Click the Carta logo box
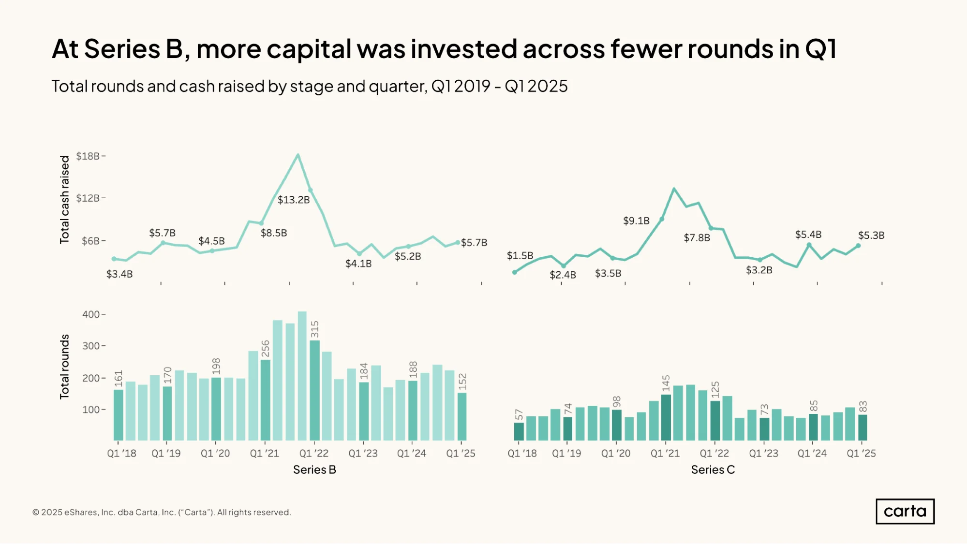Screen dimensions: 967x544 tap(905, 511)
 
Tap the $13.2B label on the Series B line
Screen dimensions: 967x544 tap(294, 200)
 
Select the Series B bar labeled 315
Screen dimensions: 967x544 tap(314, 390)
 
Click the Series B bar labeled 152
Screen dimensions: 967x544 tap(462, 416)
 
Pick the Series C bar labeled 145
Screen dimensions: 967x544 tap(666, 417)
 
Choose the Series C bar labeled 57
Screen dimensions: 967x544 tap(519, 431)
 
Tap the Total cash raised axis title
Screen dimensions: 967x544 tap(64, 199)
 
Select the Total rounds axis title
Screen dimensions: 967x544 tap(64, 367)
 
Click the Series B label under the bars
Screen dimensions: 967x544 tap(314, 470)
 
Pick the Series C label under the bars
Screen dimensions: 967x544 tap(713, 470)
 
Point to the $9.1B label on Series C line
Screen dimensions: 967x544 tap(636, 221)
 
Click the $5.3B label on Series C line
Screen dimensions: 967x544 tap(871, 235)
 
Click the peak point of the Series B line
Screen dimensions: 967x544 tap(298, 155)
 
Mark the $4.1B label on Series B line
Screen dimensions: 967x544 tap(358, 264)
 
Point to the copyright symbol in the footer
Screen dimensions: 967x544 tap(36, 512)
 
